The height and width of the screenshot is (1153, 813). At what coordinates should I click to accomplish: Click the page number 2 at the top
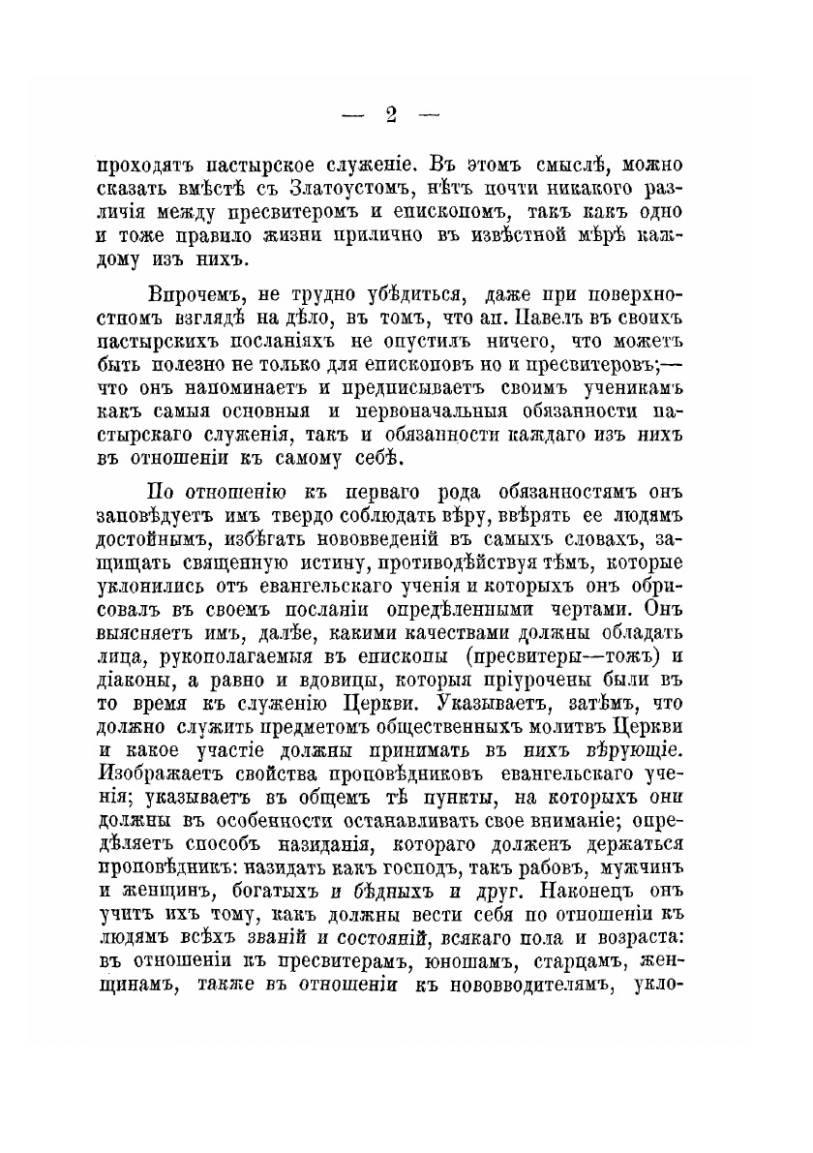click(392, 117)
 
